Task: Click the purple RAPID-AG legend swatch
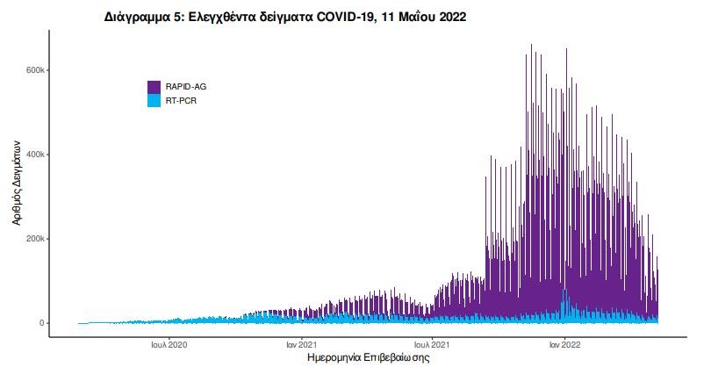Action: (154, 87)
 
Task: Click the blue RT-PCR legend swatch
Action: (154, 101)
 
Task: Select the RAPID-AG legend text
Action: (186, 87)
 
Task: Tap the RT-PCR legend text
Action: (182, 101)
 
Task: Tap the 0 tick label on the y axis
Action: (40, 323)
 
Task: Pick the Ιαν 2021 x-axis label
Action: (301, 343)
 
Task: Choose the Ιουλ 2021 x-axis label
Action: (433, 343)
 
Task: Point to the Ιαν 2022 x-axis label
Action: (564, 343)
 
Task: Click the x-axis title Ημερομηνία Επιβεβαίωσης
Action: (369, 358)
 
